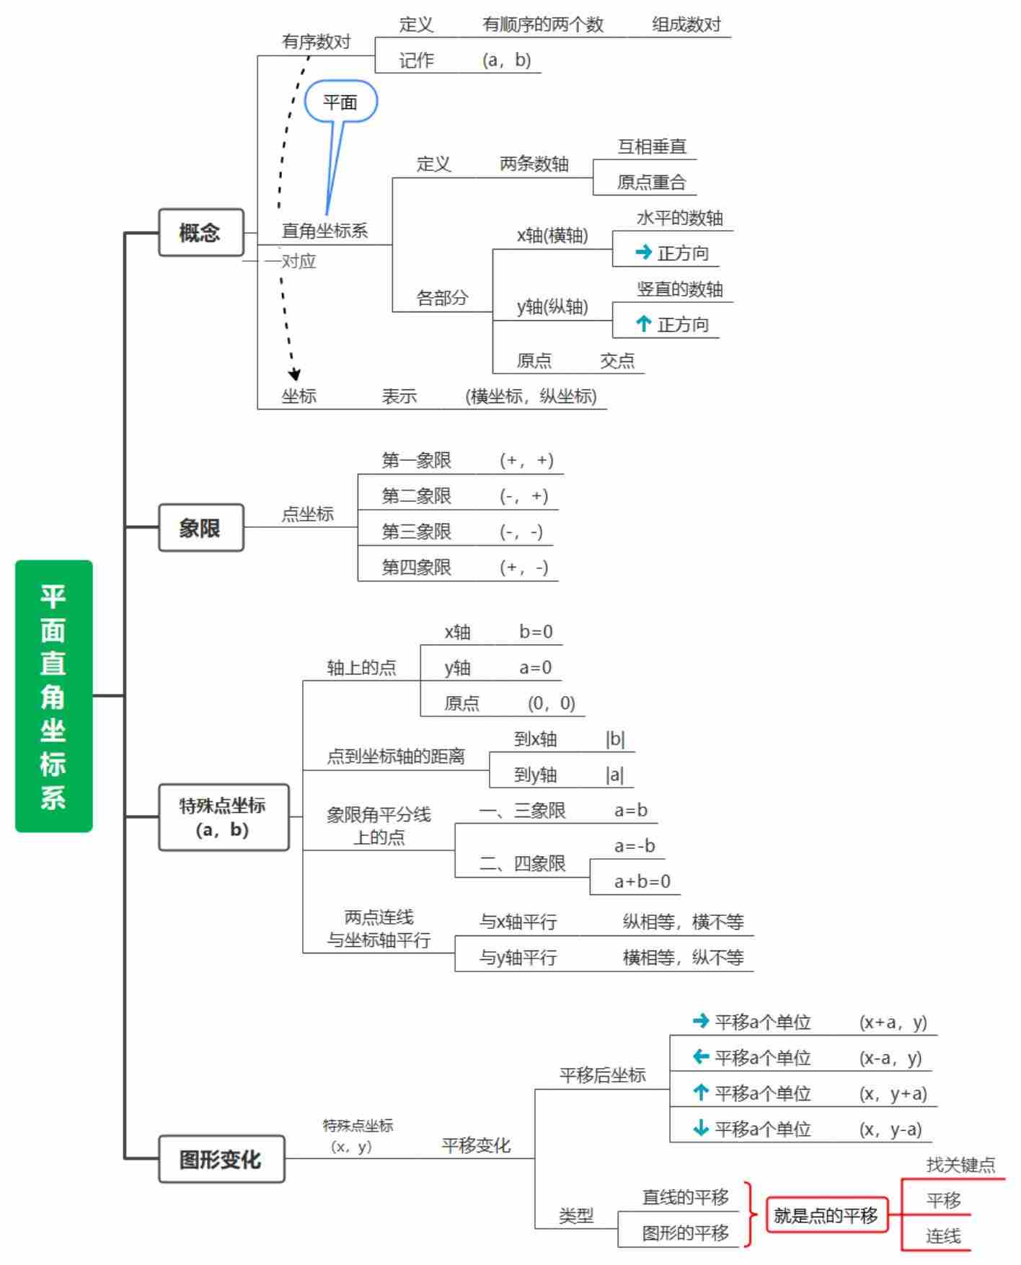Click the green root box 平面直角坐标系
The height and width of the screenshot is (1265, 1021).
(x=53, y=695)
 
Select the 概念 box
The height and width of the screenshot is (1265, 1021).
(x=201, y=232)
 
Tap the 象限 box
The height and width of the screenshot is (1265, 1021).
(x=201, y=527)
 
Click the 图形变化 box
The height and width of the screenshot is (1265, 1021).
(x=221, y=1158)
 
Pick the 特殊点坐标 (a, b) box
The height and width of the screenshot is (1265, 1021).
(x=224, y=817)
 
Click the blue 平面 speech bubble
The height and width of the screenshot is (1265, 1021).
(x=340, y=102)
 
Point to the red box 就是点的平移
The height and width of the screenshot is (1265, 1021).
(x=826, y=1215)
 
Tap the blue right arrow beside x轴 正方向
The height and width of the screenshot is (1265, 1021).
(x=643, y=252)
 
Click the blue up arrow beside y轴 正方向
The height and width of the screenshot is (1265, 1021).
(x=643, y=324)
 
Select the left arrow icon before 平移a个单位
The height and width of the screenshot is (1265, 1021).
(x=700, y=1057)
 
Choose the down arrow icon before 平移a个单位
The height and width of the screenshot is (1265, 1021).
(x=700, y=1128)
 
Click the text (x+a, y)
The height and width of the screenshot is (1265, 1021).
(x=893, y=1022)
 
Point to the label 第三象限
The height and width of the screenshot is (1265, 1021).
(x=416, y=532)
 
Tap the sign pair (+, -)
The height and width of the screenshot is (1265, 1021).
(x=524, y=568)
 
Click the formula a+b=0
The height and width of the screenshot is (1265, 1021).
(x=642, y=881)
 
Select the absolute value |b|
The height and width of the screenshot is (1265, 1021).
(x=615, y=739)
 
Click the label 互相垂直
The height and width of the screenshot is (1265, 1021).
(x=652, y=146)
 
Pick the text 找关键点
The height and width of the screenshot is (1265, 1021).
(x=960, y=1164)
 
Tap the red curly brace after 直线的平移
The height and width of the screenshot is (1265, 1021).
(x=750, y=1215)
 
